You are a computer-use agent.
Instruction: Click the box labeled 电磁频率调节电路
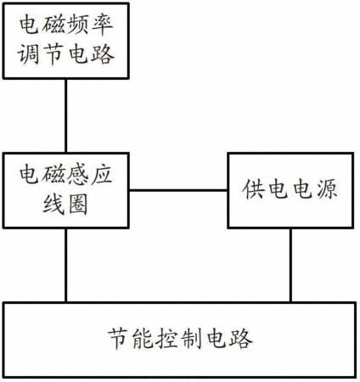(66, 41)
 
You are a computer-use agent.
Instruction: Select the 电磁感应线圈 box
(66, 190)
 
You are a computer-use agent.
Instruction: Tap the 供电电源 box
(290, 190)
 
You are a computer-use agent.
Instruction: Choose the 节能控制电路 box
(180, 340)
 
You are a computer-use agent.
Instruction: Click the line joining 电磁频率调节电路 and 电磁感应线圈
(66, 115)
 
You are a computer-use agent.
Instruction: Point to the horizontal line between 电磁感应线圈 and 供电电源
(178, 190)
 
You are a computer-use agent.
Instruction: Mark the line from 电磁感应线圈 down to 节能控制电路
(66, 265)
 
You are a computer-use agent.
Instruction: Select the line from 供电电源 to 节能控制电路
(290, 265)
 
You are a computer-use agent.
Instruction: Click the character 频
(78, 25)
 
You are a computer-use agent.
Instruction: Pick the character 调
(29, 54)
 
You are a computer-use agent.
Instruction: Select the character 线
(53, 204)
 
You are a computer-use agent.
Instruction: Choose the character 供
(253, 189)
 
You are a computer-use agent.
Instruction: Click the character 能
(143, 339)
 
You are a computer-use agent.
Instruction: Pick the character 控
(167, 339)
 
